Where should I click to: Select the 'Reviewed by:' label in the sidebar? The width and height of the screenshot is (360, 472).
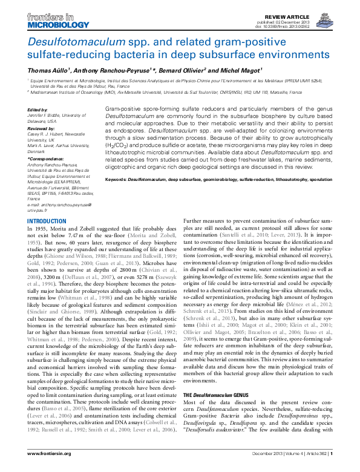click(x=41, y=128)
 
